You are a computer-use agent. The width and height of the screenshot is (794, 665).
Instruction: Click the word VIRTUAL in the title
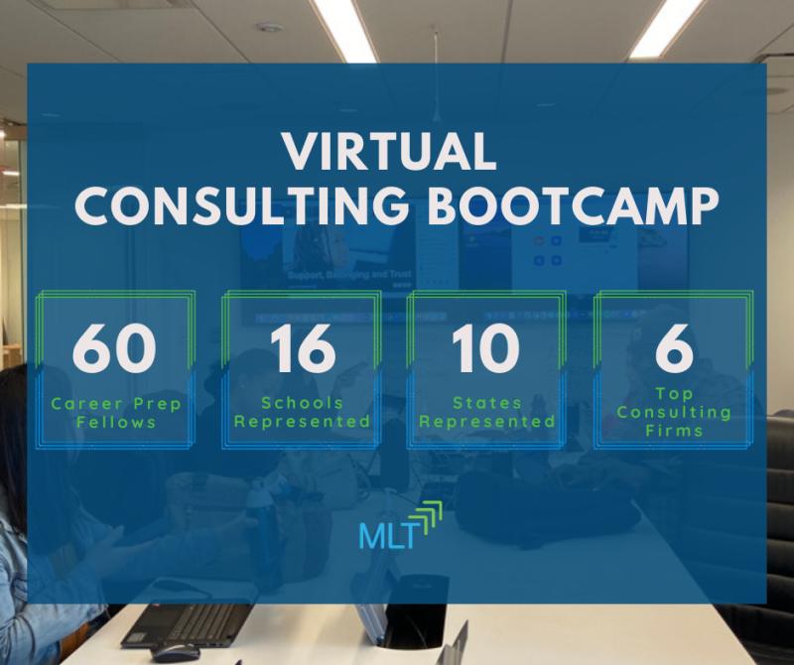(389, 152)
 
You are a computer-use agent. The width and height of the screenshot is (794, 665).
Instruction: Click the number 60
(114, 348)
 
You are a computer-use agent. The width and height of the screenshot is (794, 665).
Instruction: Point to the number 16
(303, 348)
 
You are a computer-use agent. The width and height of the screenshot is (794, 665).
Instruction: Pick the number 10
(485, 348)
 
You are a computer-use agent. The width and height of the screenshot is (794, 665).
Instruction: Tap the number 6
(674, 348)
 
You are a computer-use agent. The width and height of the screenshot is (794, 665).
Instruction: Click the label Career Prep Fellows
(116, 413)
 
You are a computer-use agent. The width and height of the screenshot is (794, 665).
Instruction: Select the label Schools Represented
(303, 412)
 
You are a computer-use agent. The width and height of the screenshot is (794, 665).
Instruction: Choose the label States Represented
(487, 412)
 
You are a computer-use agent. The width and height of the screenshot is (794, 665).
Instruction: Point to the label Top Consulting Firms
(674, 412)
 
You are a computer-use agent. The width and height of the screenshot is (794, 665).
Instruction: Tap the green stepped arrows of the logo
(427, 516)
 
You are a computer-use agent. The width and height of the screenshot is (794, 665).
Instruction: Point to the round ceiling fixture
(269, 27)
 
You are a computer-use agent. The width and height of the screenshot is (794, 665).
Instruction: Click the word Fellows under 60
(116, 423)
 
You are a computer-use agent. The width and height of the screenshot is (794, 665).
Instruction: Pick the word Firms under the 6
(674, 431)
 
